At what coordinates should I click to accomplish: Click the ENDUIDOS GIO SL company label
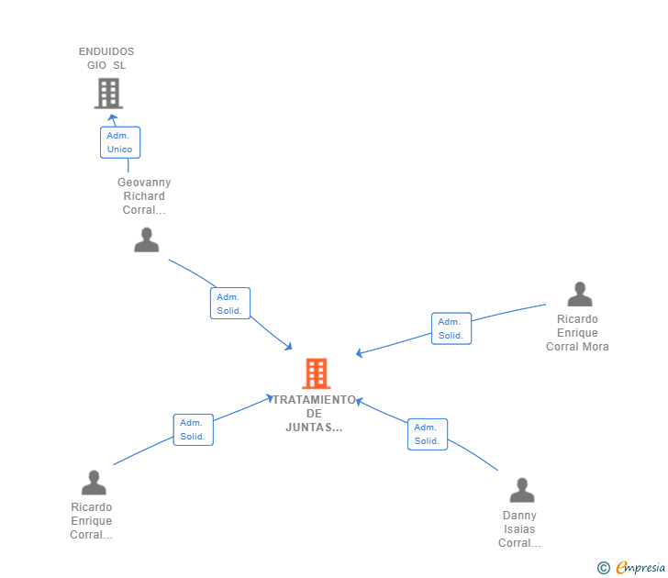coord(106,59)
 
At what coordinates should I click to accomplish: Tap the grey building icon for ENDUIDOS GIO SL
coord(108,93)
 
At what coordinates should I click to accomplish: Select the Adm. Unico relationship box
coord(120,142)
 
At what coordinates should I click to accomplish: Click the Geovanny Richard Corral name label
coord(144,196)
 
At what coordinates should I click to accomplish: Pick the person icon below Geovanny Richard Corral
coord(146,239)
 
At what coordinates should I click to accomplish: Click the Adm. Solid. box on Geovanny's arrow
coord(229,304)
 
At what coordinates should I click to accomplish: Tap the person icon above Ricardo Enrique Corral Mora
coord(579,294)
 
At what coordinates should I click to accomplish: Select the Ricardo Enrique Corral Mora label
coord(577,333)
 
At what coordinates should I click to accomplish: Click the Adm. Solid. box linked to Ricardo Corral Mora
coord(451,328)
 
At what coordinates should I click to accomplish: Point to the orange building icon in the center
coord(316,373)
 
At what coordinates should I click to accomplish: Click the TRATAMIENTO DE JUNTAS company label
coord(314,414)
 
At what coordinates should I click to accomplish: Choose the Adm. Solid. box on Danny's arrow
coord(428,434)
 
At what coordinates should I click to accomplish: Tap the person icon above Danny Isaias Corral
coord(521,490)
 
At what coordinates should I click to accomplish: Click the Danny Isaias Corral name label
coord(519,529)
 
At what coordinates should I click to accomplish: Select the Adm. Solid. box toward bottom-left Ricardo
coord(193,429)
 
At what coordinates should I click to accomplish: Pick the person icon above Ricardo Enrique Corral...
coord(94,482)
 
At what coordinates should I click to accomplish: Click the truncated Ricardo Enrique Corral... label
coord(92,521)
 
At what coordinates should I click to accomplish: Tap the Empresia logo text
coord(640,568)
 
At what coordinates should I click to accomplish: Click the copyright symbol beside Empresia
coord(604,568)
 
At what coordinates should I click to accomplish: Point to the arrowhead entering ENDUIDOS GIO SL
coord(113,117)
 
